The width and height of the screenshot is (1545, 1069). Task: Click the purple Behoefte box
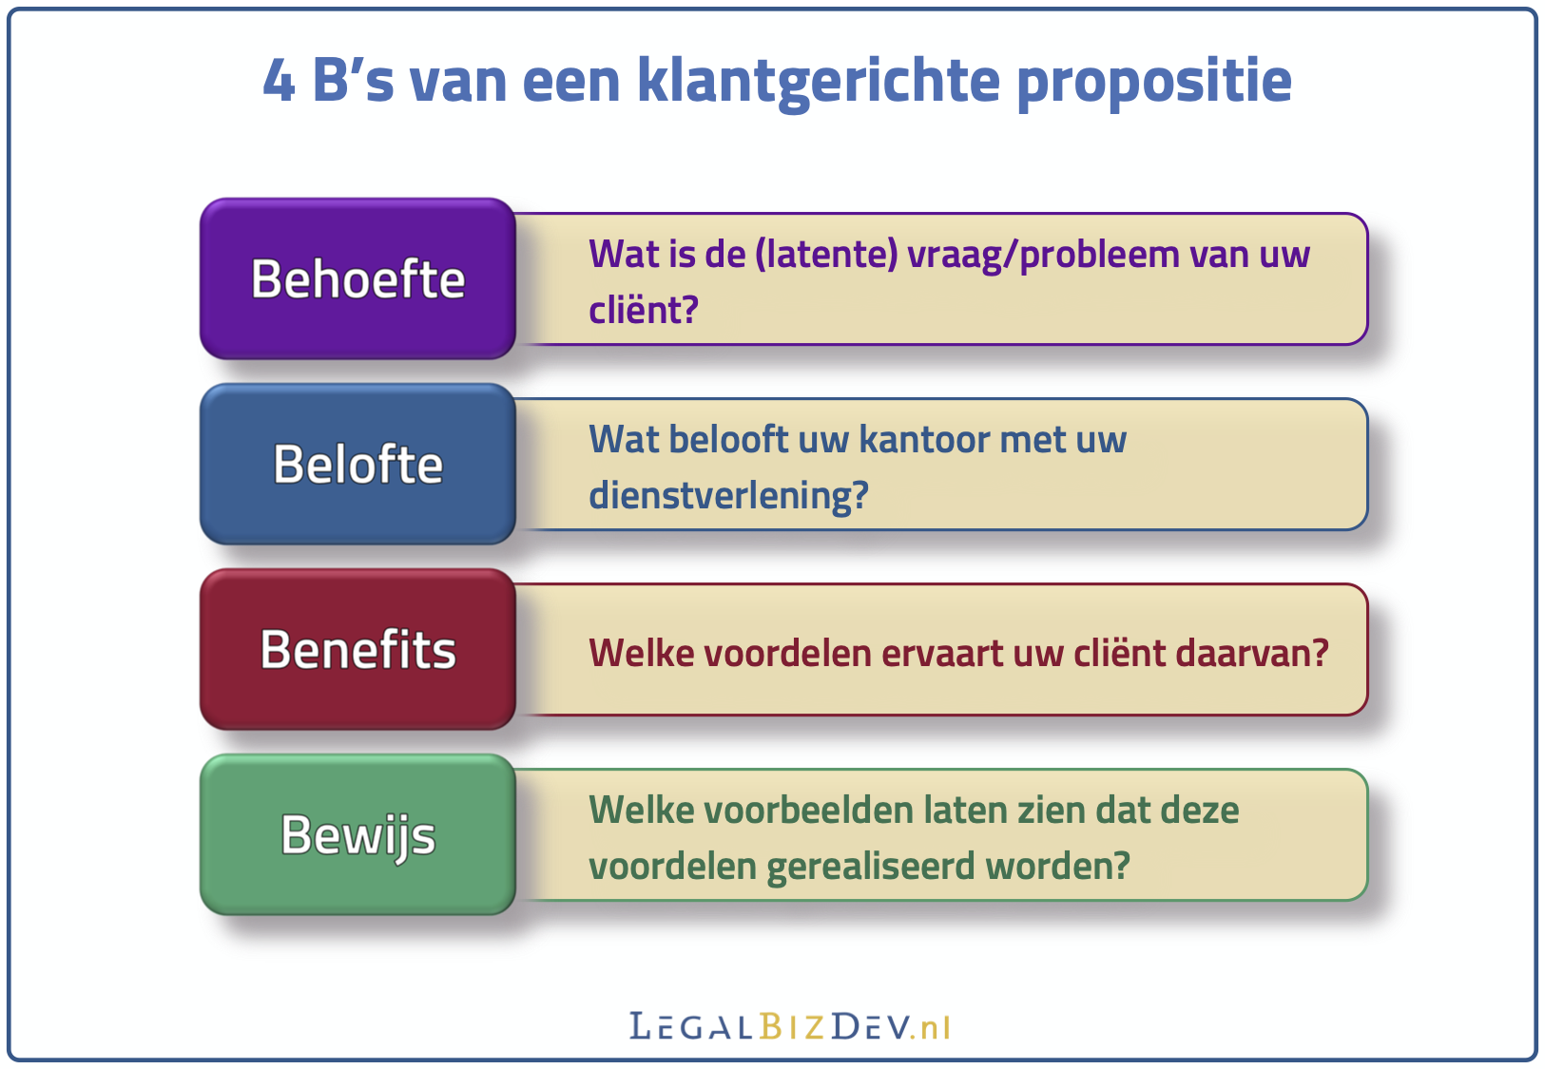[358, 278]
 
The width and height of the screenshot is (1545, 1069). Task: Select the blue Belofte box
[358, 464]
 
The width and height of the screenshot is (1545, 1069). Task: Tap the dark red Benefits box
[358, 649]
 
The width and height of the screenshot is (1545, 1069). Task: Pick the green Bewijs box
[358, 834]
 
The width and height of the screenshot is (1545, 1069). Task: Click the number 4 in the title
[280, 81]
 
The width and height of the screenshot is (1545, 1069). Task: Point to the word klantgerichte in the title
[818, 83]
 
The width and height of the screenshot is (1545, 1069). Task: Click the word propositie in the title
[1154, 84]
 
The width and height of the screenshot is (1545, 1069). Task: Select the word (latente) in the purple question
[826, 255]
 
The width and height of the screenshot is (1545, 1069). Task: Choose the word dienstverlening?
[728, 496]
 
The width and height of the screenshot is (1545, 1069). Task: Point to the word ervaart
[942, 654]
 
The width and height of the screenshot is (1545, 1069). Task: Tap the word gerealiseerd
[871, 867]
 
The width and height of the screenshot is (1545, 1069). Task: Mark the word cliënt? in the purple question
[644, 309]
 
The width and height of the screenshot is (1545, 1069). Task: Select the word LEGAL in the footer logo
[690, 1026]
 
